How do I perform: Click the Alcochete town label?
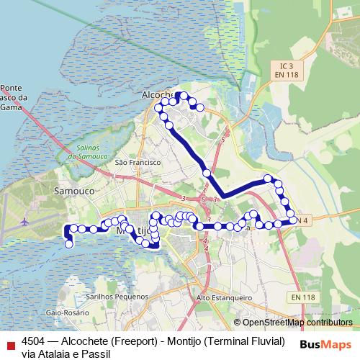156,94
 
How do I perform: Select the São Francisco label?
137,163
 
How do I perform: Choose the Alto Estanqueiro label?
225,297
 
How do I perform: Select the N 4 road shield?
303,220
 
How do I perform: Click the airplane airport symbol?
25,220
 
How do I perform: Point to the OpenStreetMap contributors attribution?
292,322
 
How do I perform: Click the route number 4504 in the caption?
35,340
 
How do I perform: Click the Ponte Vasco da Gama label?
14,97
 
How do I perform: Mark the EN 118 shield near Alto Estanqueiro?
303,297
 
